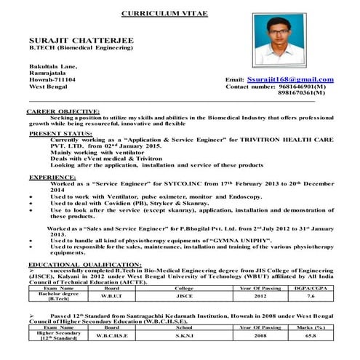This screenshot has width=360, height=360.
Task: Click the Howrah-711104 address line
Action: pos(51,79)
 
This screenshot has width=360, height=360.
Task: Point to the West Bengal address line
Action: pos(47,87)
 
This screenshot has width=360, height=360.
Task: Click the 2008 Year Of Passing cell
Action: pos(239,337)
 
